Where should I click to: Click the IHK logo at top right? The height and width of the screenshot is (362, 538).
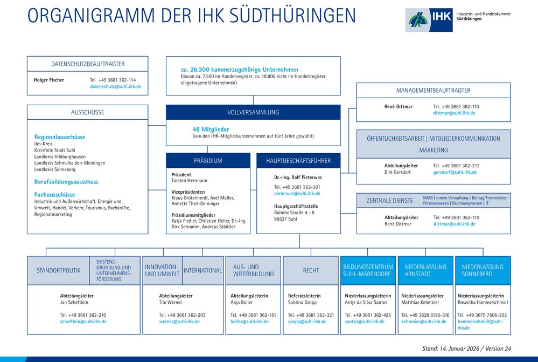tap(422, 20)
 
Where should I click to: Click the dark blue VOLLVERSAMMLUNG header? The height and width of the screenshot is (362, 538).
tap(253, 112)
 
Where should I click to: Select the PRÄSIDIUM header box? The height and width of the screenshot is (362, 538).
tap(208, 161)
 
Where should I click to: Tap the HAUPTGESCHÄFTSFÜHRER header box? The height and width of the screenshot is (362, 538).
tap(298, 161)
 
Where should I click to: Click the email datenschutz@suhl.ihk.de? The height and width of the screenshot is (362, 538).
tap(116, 86)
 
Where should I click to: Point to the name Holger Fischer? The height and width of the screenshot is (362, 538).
tap(49, 80)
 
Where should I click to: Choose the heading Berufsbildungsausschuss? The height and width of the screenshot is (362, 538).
tap(66, 182)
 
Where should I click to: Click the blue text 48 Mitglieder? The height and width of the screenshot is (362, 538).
tap(211, 129)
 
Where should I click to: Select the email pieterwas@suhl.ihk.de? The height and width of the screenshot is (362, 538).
tap(297, 193)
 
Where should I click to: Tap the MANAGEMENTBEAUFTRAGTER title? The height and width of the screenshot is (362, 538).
tap(434, 91)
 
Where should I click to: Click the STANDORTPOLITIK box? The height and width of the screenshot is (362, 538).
tap(58, 270)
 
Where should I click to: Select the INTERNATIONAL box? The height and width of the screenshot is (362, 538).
tap(203, 270)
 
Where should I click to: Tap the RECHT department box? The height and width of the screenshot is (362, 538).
tap(311, 270)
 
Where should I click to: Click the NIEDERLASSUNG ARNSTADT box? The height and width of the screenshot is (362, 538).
tap(425, 270)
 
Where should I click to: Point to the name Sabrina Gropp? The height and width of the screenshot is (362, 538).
tap(303, 302)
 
